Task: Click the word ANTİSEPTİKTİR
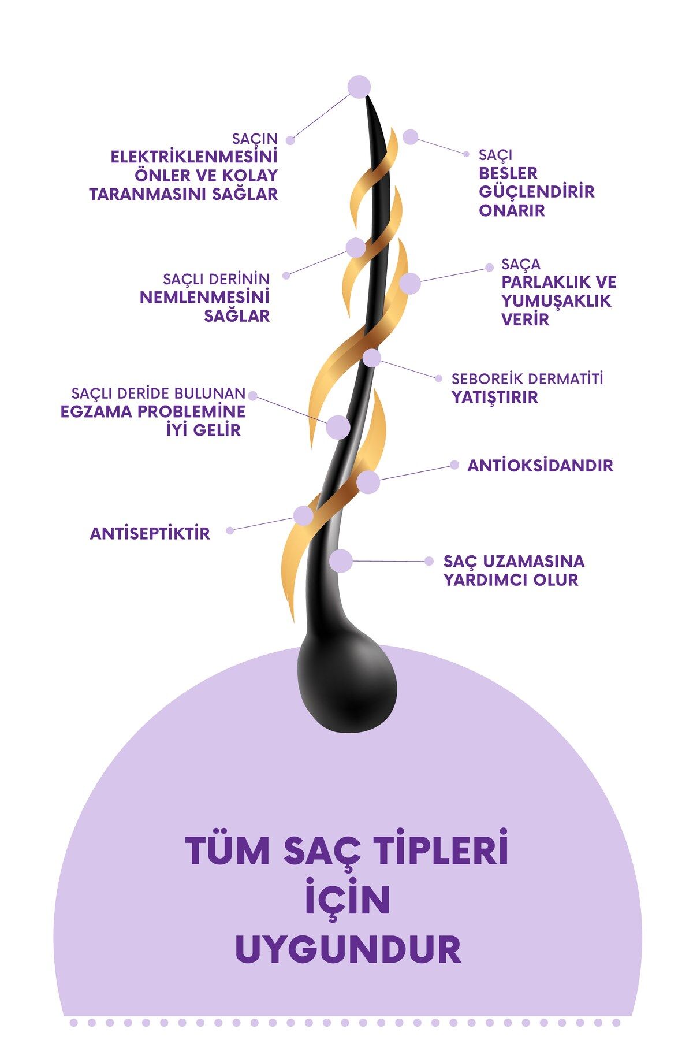tap(150, 533)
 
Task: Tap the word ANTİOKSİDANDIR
tap(540, 466)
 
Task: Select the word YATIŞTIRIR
tap(494, 398)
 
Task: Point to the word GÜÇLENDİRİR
tap(536, 191)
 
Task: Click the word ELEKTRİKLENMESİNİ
tap(194, 157)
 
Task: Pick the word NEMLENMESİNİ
tap(205, 298)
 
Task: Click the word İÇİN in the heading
tap(348, 900)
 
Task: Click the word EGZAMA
tap(94, 412)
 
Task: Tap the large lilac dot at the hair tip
tap(359, 87)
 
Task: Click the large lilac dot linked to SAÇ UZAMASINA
tap(341, 561)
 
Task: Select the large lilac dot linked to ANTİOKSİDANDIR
tap(368, 482)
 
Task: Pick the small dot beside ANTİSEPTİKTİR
tap(230, 530)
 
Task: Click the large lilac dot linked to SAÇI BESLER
tap(410, 137)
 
